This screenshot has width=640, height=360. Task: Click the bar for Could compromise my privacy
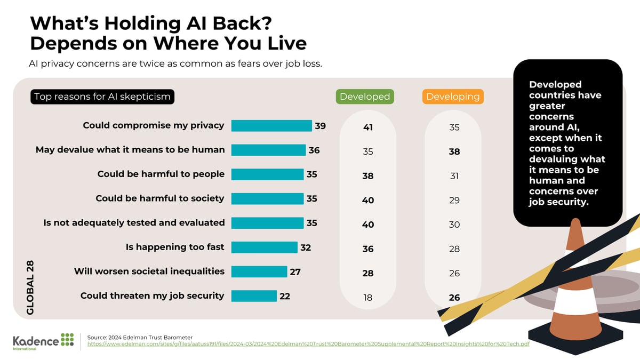[x=271, y=126]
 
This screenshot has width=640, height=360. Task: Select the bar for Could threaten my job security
[x=254, y=296]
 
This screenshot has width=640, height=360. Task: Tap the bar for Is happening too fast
[x=264, y=247]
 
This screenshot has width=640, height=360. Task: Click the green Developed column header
[x=365, y=97]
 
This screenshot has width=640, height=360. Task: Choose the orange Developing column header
[x=453, y=97]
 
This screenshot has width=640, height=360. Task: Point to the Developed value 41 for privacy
[x=367, y=127]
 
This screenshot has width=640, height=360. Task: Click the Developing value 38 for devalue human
[x=454, y=152]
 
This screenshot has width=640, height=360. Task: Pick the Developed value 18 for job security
[x=367, y=298]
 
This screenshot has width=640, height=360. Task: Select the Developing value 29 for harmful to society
[x=454, y=201]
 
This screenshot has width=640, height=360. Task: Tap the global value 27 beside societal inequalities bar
[x=295, y=272]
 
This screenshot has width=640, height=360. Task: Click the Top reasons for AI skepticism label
[x=102, y=97]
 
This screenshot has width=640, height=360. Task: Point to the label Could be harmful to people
[x=161, y=174]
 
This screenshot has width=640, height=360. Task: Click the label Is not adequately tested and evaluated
[x=134, y=223]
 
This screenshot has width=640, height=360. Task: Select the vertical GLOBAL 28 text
[x=30, y=287]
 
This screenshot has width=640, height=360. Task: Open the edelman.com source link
[x=308, y=345]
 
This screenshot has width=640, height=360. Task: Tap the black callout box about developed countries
[x=567, y=142]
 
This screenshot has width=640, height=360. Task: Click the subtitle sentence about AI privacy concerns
[x=175, y=64]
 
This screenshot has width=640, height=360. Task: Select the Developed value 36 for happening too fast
[x=367, y=249]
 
